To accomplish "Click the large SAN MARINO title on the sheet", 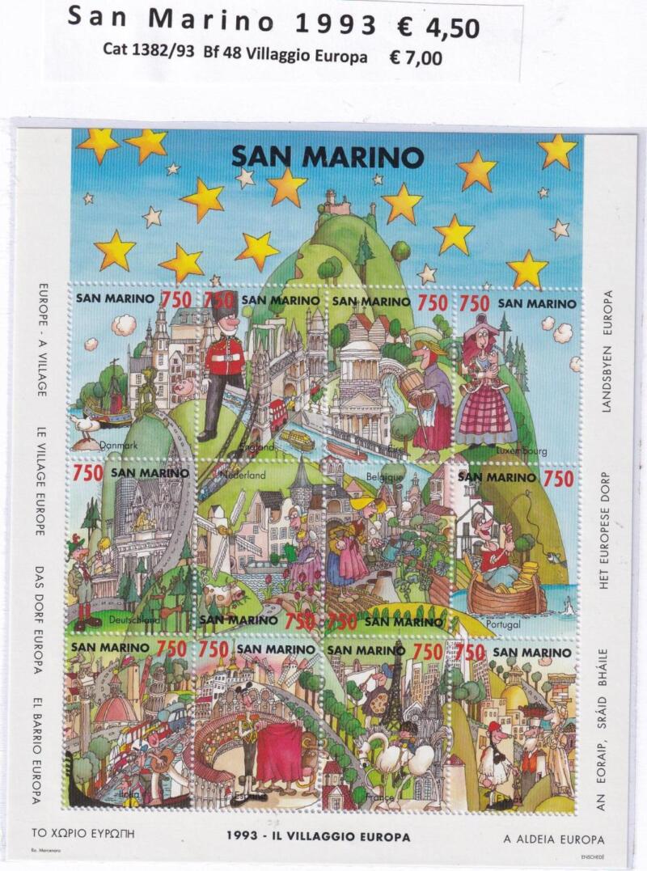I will [328, 154].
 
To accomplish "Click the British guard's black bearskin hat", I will [223, 305].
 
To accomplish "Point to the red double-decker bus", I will [279, 412].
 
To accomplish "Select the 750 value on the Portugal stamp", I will [558, 479].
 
